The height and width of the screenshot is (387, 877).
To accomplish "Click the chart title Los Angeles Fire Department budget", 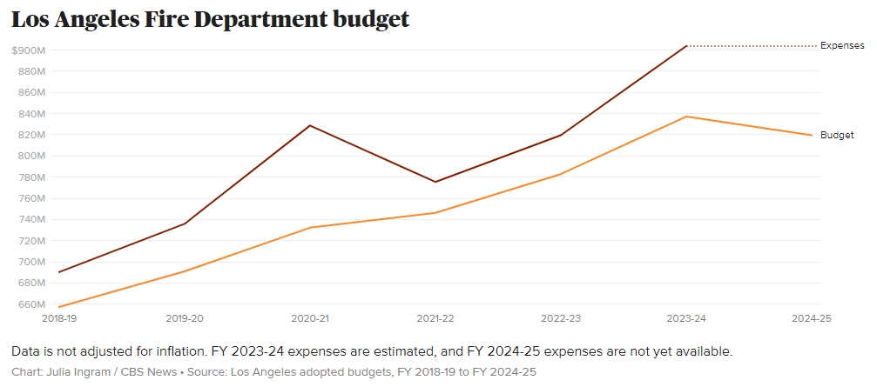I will (x=210, y=19).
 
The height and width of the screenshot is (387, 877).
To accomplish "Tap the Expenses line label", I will (x=842, y=46).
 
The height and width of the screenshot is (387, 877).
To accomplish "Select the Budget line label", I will (x=837, y=136).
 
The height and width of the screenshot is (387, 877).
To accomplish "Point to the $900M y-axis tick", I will (x=29, y=50).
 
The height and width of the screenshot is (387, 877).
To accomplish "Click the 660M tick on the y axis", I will (x=29, y=304).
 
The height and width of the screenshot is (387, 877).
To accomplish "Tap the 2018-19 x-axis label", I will (x=59, y=319).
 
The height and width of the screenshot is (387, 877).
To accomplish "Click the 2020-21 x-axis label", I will (x=310, y=319).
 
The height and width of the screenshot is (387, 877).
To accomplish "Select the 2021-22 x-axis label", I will (x=435, y=319).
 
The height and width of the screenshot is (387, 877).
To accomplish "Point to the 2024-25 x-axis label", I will (x=812, y=319).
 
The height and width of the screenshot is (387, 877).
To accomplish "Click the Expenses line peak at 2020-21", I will (x=310, y=125).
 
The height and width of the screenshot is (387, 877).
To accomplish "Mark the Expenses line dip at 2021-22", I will (x=435, y=182).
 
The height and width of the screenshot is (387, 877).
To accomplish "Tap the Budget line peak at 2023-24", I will (x=686, y=117).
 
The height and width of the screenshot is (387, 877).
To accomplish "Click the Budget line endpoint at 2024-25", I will (x=812, y=135).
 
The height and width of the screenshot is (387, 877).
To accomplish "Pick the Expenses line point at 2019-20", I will (x=185, y=224).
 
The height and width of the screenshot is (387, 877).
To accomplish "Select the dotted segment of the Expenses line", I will (x=751, y=46).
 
